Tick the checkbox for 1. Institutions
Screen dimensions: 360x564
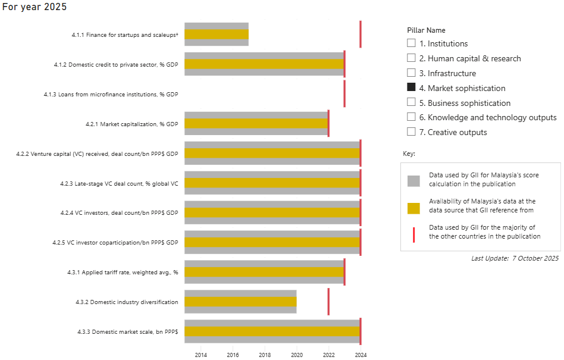pyautogui.click(x=411, y=43)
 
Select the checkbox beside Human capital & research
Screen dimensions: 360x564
pyautogui.click(x=411, y=58)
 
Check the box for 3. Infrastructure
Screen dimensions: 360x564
pyautogui.click(x=411, y=73)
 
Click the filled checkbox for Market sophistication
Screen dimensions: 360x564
pyautogui.click(x=411, y=88)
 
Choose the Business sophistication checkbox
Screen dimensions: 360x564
pyautogui.click(x=411, y=103)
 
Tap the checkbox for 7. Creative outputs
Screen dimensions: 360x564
pyautogui.click(x=411, y=132)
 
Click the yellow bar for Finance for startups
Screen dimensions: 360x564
pyautogui.click(x=216, y=35)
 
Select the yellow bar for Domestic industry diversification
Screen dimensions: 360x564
pyautogui.click(x=240, y=302)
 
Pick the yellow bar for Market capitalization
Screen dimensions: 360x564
pyautogui.click(x=256, y=124)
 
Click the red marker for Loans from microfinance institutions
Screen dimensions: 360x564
pyautogui.click(x=344, y=94)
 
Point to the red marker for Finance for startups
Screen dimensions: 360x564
pyautogui.click(x=361, y=35)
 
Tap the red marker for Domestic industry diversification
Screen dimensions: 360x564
pyautogui.click(x=328, y=302)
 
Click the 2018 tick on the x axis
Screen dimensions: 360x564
pyautogui.click(x=265, y=355)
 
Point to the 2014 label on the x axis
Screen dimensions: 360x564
pyautogui.click(x=200, y=355)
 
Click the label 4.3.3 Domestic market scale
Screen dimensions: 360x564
pyautogui.click(x=127, y=331)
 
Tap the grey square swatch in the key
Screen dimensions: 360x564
pyautogui.click(x=413, y=180)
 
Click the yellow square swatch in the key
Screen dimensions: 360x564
pyautogui.click(x=413, y=208)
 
